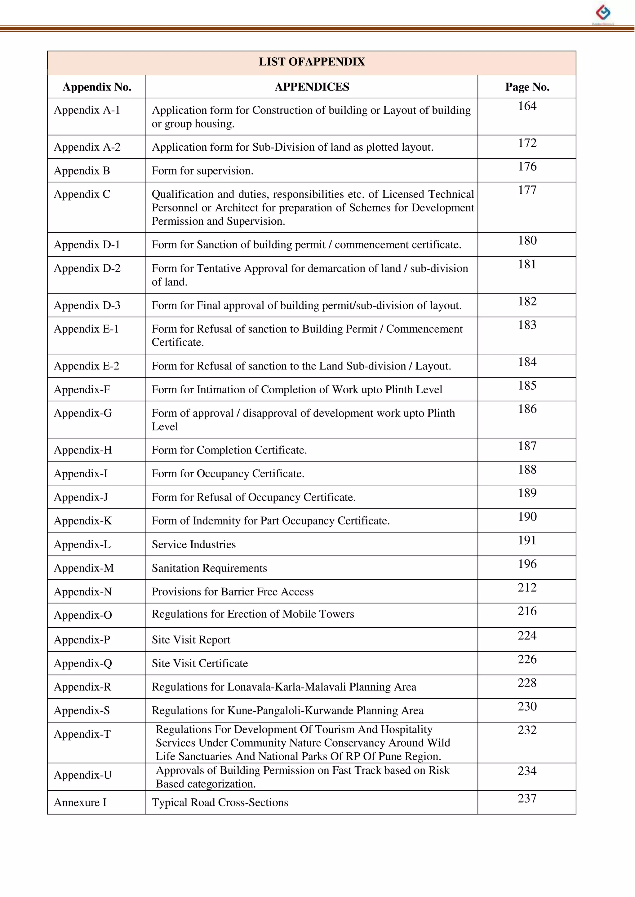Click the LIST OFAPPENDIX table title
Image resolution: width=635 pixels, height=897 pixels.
click(312, 62)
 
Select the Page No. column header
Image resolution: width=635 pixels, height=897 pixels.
click(527, 87)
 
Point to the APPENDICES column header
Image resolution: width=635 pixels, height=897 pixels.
click(312, 87)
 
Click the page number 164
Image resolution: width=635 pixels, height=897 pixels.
click(527, 106)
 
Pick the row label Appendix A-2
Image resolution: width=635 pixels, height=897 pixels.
click(87, 147)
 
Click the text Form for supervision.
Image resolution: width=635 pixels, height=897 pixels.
click(202, 171)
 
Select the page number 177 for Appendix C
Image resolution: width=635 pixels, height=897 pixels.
click(527, 190)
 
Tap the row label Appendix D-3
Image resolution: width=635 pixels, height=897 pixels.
click(87, 305)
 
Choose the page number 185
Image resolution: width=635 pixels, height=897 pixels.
click(527, 385)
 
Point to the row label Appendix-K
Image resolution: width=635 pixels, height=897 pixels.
click(83, 521)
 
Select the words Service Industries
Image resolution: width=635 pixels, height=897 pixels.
click(193, 545)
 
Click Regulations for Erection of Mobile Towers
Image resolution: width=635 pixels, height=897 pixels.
click(253, 614)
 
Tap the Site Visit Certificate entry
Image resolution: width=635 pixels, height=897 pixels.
click(200, 663)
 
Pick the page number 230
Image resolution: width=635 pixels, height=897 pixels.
click(527, 706)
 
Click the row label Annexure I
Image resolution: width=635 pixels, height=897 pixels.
click(80, 802)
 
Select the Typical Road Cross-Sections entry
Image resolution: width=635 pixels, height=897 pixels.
click(220, 802)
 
